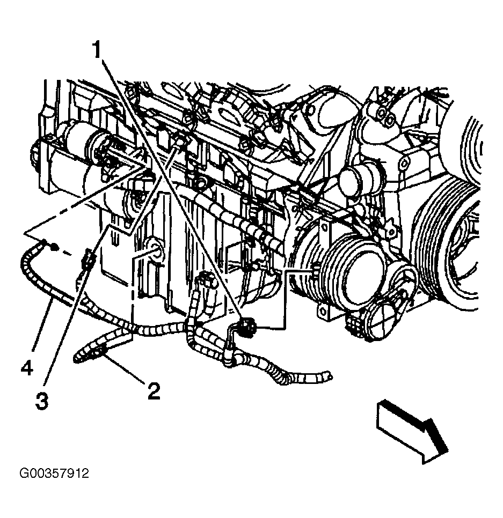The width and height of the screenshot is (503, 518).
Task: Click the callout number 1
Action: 97,49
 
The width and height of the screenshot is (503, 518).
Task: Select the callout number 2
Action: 154,391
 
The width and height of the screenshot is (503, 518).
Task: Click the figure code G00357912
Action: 54,473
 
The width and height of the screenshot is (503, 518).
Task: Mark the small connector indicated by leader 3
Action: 88,258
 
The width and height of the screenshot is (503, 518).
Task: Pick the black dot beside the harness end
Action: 55,247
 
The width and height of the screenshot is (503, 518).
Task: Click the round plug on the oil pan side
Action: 156,249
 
